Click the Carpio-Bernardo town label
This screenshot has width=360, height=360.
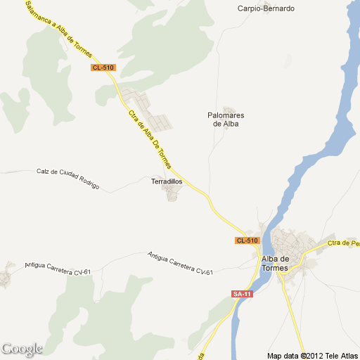266,8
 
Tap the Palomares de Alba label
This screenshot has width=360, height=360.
226,119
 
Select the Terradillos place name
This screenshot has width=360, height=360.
167,181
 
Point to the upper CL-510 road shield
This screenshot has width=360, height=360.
103,67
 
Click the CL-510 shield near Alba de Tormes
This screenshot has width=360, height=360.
247,240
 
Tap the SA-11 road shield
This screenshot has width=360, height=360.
241,294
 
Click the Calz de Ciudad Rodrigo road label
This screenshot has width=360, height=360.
68,180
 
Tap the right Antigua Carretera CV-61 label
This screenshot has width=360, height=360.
180,263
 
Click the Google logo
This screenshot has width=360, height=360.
21,349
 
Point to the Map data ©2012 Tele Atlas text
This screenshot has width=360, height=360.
312,354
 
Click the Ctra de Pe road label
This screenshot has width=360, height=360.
344,243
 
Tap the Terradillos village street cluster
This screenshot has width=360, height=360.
171,192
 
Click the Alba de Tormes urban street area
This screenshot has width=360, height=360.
288,243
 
